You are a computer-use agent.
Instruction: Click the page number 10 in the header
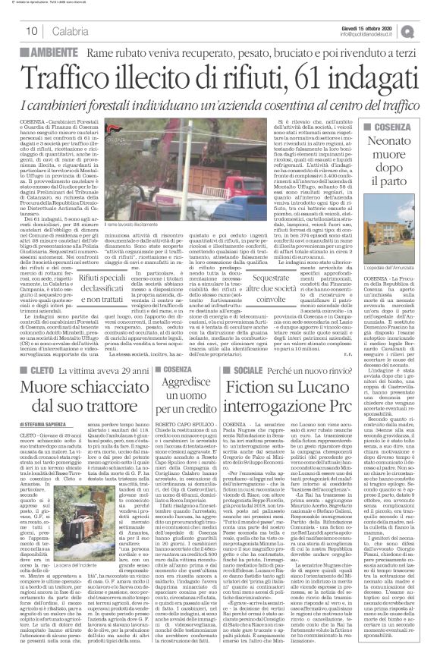(x=33, y=30)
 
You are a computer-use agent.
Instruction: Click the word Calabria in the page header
(x=70, y=30)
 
